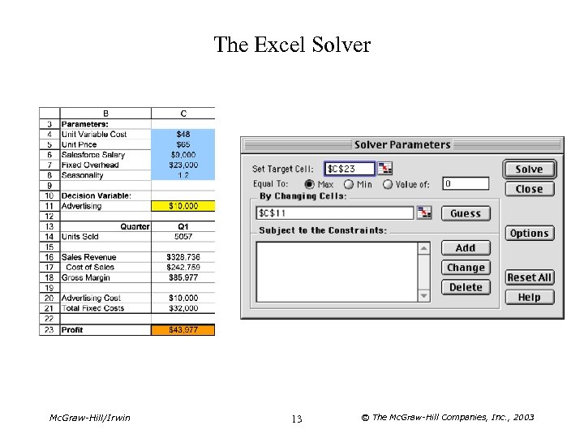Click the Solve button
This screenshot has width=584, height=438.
[529, 169]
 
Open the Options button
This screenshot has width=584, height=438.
[529, 233]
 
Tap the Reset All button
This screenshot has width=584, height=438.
[529, 277]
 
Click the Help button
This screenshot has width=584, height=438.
[529, 297]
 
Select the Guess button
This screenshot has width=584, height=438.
[466, 213]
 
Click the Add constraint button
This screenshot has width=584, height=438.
[466, 247]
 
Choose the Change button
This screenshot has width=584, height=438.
[466, 268]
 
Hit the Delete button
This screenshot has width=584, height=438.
[466, 287]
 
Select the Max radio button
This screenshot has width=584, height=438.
[310, 184]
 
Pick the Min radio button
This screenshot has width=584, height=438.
[348, 184]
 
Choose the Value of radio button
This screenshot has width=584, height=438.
[387, 184]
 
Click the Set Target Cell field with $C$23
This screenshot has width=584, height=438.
[350, 169]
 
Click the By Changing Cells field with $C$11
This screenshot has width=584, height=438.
[335, 213]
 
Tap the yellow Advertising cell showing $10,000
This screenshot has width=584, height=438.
[183, 206]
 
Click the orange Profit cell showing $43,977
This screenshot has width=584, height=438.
[183, 330]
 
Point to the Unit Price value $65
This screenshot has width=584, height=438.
[183, 144]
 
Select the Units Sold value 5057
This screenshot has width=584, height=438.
[183, 237]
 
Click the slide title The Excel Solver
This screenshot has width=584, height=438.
[292, 45]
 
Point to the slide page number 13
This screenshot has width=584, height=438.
[296, 419]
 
